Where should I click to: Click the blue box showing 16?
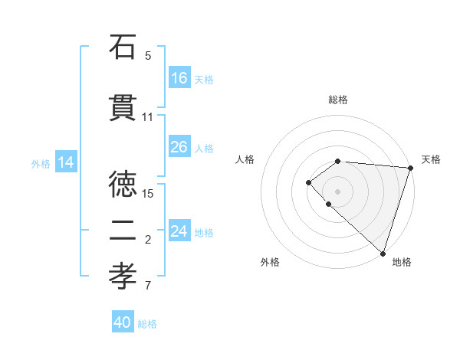pos(179,78)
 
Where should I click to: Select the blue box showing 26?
pos(179,147)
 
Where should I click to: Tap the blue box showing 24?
pos(179,231)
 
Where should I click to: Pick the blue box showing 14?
pos(66,162)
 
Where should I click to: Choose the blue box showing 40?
pos(123,322)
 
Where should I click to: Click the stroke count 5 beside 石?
pos(148,56)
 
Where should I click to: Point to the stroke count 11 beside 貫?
pos(148,117)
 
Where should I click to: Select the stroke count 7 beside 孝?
pos(148,286)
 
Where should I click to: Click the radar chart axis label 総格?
pos(338,100)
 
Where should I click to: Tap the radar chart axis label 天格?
pos(431,159)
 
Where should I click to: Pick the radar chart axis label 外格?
pos(270,262)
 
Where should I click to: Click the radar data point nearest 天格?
pos(410,168)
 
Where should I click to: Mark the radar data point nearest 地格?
pos(383,253)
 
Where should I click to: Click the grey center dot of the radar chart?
pos(337,191)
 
